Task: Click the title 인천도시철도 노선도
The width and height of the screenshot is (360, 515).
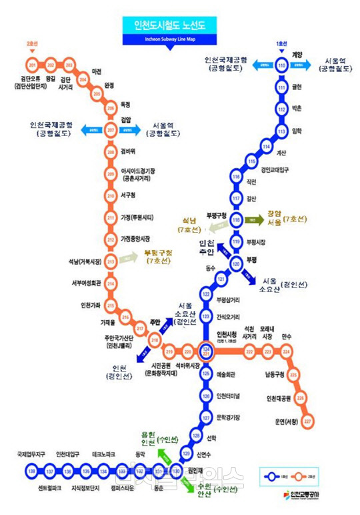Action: [x=179, y=26]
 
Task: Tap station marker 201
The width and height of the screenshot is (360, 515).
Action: [x=33, y=65]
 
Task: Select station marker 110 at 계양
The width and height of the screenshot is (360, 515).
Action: [x=282, y=65]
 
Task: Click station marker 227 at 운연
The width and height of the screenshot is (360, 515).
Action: [x=307, y=422]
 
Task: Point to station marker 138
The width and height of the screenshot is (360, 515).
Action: [x=32, y=472]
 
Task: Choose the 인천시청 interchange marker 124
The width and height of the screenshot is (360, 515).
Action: [x=207, y=351]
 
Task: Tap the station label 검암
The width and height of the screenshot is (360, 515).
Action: [x=125, y=120]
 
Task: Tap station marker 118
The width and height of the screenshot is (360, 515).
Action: [x=235, y=219]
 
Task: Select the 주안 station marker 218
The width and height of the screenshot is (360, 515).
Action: [x=155, y=340]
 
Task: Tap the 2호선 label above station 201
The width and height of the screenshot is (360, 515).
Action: [x=33, y=45]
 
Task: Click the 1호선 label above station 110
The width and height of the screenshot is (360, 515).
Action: [x=281, y=45]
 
